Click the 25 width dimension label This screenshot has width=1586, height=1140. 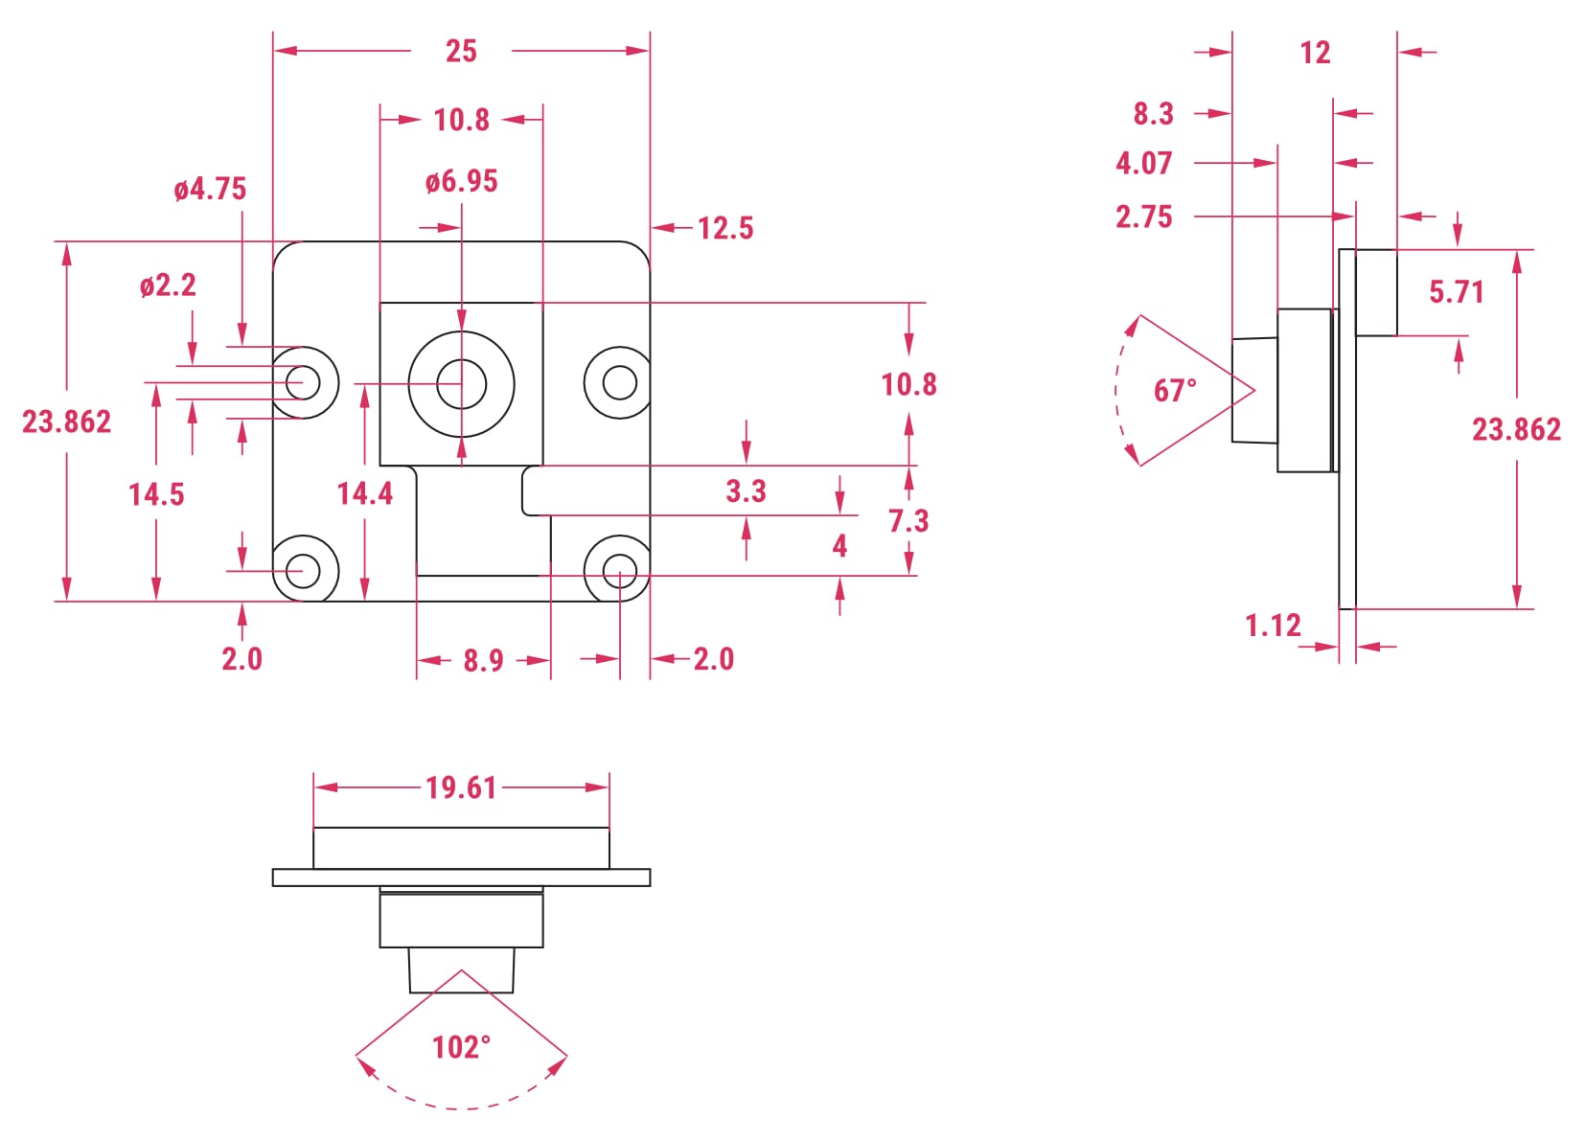click(x=461, y=51)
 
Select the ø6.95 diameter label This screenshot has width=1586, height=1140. click(x=462, y=181)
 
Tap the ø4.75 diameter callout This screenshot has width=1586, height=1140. click(x=210, y=189)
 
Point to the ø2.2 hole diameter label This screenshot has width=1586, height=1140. click(x=168, y=285)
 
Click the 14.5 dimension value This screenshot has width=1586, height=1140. click(x=156, y=494)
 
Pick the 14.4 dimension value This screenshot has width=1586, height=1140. click(x=364, y=493)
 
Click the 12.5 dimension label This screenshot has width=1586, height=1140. click(x=725, y=228)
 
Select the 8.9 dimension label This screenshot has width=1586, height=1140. click(x=483, y=660)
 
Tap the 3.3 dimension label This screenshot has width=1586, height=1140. click(x=746, y=491)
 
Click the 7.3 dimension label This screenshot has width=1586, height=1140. click(x=908, y=520)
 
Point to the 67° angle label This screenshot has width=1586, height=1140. click(x=1175, y=390)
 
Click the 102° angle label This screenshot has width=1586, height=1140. click(x=461, y=1047)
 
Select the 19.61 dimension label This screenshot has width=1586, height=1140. click(x=461, y=787)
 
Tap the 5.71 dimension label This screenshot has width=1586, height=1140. click(x=1456, y=291)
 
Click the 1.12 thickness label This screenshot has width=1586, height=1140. click(x=1273, y=626)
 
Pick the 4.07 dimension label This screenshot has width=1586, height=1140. click(x=1143, y=163)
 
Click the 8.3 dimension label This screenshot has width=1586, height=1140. click(x=1153, y=114)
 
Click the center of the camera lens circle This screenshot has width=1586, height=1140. click(x=461, y=383)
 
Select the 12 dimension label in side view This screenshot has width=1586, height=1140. click(x=1315, y=53)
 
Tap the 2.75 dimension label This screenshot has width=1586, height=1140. click(x=1143, y=217)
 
